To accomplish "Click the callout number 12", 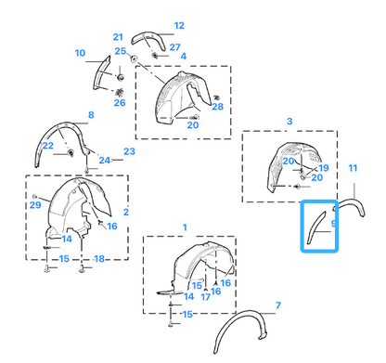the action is [x=179, y=25].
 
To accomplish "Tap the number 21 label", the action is [x=118, y=37].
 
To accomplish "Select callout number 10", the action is [x=80, y=53].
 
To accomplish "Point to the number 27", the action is [x=174, y=47].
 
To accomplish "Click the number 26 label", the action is [x=120, y=102].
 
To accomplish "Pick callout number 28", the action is [x=217, y=107].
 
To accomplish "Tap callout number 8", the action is [x=91, y=115].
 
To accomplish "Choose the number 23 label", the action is [x=129, y=151].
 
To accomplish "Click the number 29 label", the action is [x=35, y=205].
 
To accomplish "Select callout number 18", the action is [x=99, y=259].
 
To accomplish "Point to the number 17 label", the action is [x=205, y=297].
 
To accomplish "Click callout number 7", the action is [x=278, y=305].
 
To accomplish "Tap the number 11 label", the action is [x=353, y=168].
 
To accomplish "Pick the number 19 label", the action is [x=323, y=168].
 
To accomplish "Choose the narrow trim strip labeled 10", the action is [x=100, y=72].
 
